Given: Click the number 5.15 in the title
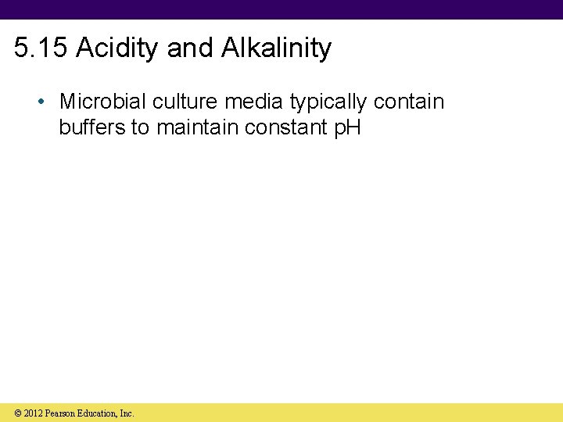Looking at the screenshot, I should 42,48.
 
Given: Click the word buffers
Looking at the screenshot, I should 93,127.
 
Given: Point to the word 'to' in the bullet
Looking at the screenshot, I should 140,127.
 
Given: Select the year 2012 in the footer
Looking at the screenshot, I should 33,413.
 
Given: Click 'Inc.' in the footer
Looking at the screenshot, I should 127,413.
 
